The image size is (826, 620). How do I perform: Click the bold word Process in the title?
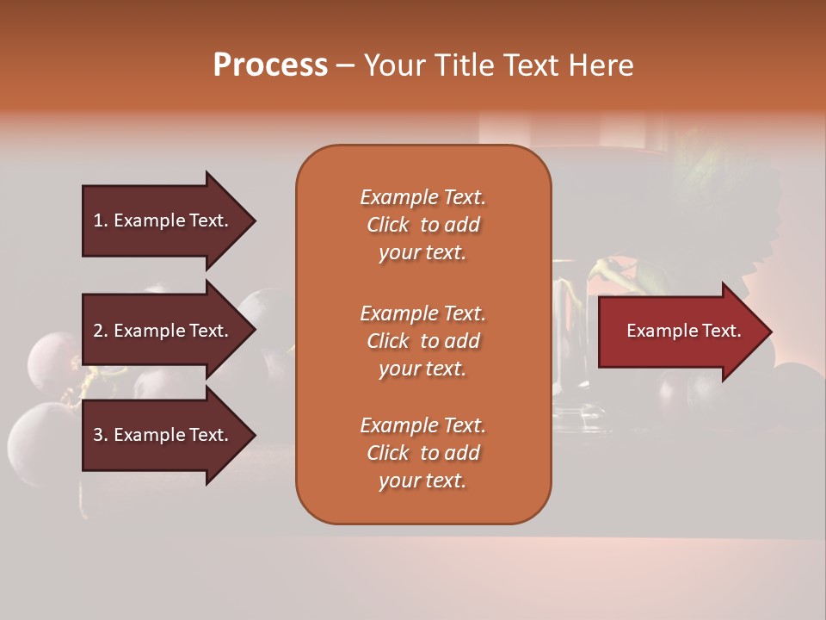pyautogui.click(x=270, y=65)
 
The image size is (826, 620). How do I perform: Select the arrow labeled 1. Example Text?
pyautogui.click(x=163, y=220)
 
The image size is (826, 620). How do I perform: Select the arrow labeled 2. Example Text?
pyautogui.click(x=163, y=331)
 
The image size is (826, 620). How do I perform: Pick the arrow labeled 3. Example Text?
pyautogui.click(x=163, y=435)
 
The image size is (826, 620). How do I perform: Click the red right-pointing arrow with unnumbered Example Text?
pyautogui.click(x=680, y=332)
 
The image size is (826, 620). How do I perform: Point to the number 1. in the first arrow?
pyautogui.click(x=101, y=220)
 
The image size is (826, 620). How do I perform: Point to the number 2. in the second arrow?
pyautogui.click(x=101, y=331)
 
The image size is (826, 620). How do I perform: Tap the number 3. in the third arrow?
pyautogui.click(x=101, y=435)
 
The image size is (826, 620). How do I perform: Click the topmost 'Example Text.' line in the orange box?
pyautogui.click(x=422, y=197)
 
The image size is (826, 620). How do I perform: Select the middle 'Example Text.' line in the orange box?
pyautogui.click(x=422, y=313)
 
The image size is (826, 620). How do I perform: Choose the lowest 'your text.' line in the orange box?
pyautogui.click(x=422, y=481)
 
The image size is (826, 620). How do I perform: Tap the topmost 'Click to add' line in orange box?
pyautogui.click(x=422, y=225)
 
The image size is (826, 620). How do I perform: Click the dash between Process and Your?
pyautogui.click(x=345, y=66)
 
